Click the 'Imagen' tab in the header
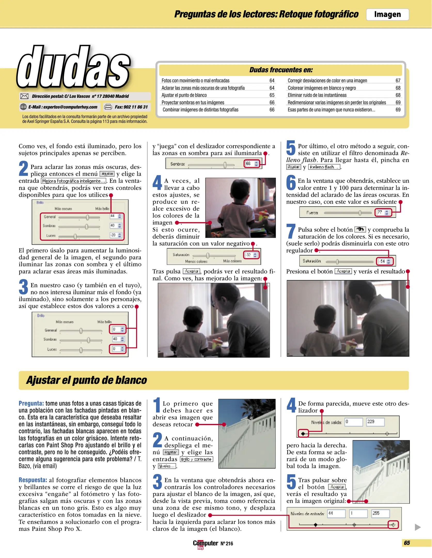click(x=387, y=14)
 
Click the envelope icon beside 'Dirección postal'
click(x=24, y=96)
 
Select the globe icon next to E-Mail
click(x=23, y=107)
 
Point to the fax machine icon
click(x=108, y=107)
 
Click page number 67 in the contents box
click(x=398, y=81)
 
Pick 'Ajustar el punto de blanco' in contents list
click(x=184, y=95)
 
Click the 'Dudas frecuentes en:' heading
click(x=281, y=70)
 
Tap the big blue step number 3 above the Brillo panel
click(x=23, y=287)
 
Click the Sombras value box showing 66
click(x=249, y=164)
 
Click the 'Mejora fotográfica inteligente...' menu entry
click(x=74, y=181)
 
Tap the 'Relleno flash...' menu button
click(x=324, y=167)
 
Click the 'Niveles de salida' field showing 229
click(x=375, y=422)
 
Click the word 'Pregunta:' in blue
click(x=31, y=404)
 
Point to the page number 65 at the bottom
click(x=407, y=543)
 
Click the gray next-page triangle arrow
click(x=418, y=527)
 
